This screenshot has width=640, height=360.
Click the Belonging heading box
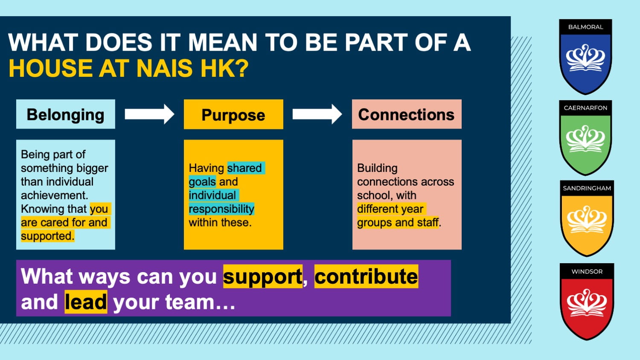pyautogui.click(x=66, y=114)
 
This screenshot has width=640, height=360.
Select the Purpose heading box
pyautogui.click(x=233, y=114)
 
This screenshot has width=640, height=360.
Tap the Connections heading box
pyautogui.click(x=407, y=114)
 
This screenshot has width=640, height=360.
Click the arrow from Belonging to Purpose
pyautogui.click(x=149, y=114)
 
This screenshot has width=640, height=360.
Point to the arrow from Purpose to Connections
pyautogui.click(x=317, y=114)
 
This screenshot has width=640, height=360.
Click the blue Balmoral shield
pyautogui.click(x=585, y=57)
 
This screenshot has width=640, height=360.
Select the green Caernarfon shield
pyautogui.click(x=585, y=138)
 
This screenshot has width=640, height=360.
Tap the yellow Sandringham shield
pyautogui.click(x=587, y=218)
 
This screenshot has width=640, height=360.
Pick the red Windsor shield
pyautogui.click(x=587, y=302)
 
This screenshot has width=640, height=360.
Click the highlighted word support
pyautogui.click(x=262, y=277)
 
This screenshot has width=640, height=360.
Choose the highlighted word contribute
pyautogui.click(x=366, y=276)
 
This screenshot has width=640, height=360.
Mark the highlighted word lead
pyautogui.click(x=86, y=302)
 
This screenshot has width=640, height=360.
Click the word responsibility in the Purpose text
pyautogui.click(x=221, y=209)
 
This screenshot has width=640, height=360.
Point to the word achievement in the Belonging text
pyautogui.click(x=54, y=195)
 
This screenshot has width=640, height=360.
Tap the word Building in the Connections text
pyautogui.click(x=377, y=168)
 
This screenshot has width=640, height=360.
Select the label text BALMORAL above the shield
pyautogui.click(x=585, y=27)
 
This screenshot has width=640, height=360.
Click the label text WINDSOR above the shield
pyautogui.click(x=587, y=271)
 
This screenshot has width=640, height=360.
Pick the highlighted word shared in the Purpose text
pyautogui.click(x=244, y=168)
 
